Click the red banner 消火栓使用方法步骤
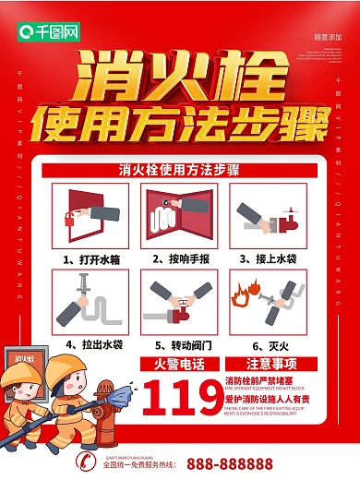click(x=180, y=171)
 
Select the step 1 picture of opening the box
click(x=89, y=216)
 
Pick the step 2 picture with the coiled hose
click(x=178, y=216)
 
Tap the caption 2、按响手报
click(x=179, y=259)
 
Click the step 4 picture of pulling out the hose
click(x=89, y=302)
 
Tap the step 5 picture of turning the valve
click(x=178, y=302)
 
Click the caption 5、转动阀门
click(x=179, y=343)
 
